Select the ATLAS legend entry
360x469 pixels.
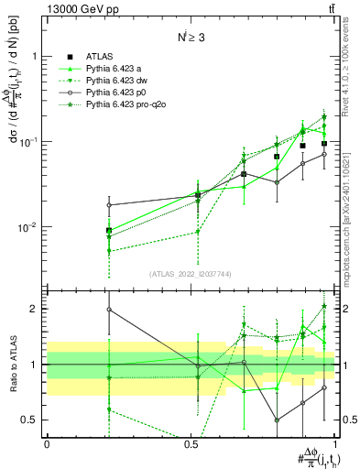click(x=101, y=56)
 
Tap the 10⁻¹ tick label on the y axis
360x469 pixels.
click(x=29, y=141)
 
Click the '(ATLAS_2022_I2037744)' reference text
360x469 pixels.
click(x=190, y=274)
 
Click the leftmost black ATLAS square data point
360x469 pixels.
click(x=109, y=231)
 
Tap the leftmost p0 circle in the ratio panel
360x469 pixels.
click(x=109, y=310)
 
